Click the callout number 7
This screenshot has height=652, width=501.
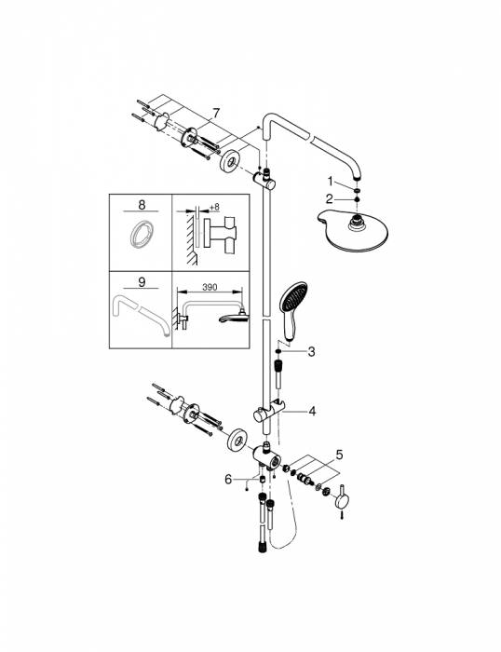click(x=215, y=113)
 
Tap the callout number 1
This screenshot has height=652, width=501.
click(x=330, y=182)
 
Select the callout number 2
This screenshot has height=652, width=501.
click(x=330, y=199)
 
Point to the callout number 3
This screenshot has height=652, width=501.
click(x=311, y=351)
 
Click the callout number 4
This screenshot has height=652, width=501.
click(x=312, y=412)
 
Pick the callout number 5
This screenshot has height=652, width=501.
click(x=339, y=455)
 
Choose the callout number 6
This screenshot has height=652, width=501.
click(x=228, y=480)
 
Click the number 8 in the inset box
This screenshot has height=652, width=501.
click(x=142, y=205)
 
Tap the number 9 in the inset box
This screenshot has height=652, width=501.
click(x=142, y=282)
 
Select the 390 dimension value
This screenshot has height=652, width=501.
click(x=210, y=287)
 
